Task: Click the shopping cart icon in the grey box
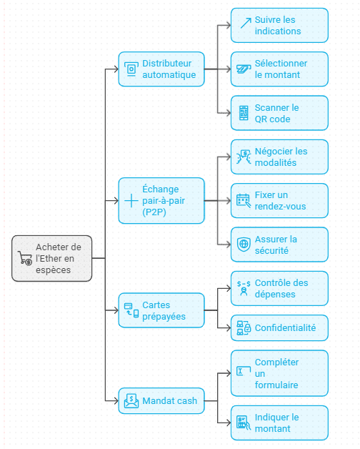pyautogui.click(x=25, y=258)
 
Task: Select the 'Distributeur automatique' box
pyautogui.click(x=161, y=69)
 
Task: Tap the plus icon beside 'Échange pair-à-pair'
pyautogui.click(x=131, y=200)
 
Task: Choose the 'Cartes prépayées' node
pyautogui.click(x=161, y=310)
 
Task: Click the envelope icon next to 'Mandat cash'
pyautogui.click(x=131, y=400)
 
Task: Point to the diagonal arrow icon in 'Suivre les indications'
pyautogui.click(x=246, y=23)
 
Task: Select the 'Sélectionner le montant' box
pyautogui.click(x=279, y=69)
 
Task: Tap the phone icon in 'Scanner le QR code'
pyautogui.click(x=244, y=113)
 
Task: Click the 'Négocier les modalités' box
pyautogui.click(x=279, y=157)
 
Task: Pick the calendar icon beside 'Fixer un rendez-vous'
pyautogui.click(x=244, y=200)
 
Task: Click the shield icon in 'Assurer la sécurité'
pyautogui.click(x=244, y=245)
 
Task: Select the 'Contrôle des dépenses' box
pyautogui.click(x=279, y=288)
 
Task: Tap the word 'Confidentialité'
pyautogui.click(x=285, y=328)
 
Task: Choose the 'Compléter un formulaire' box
pyautogui.click(x=279, y=373)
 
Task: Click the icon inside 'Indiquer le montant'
pyautogui.click(x=244, y=423)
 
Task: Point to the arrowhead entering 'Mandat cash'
pyautogui.click(x=116, y=400)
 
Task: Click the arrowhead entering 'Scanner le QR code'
pyautogui.click(x=229, y=113)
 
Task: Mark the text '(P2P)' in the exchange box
pyautogui.click(x=154, y=212)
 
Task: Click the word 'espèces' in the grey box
pyautogui.click(x=54, y=270)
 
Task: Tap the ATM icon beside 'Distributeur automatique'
pyautogui.click(x=131, y=69)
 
